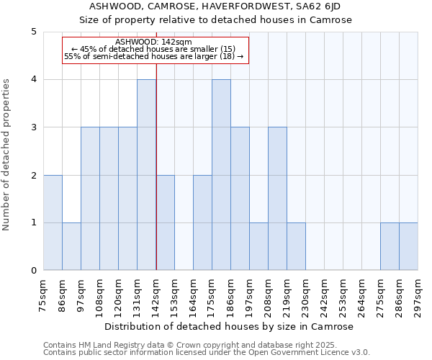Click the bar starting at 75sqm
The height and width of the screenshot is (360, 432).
pyautogui.click(x=53, y=222)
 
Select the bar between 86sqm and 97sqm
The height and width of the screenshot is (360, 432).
pyautogui.click(x=71, y=246)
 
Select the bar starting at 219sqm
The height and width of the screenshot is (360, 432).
pyautogui.click(x=296, y=246)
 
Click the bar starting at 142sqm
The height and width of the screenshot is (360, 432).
pyautogui.click(x=165, y=222)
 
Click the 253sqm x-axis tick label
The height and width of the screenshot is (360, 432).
pyautogui.click(x=343, y=295)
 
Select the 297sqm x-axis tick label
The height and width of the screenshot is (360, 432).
pyautogui.click(x=418, y=295)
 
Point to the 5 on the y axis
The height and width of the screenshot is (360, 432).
pyautogui.click(x=34, y=32)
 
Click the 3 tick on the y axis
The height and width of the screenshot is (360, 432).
pyautogui.click(x=34, y=127)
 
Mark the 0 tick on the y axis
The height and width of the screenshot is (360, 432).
pyautogui.click(x=34, y=271)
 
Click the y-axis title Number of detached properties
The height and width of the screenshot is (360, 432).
pyautogui.click(x=7, y=155)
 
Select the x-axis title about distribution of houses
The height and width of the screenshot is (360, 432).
pyautogui.click(x=230, y=327)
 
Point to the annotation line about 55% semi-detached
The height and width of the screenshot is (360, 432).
pyautogui.click(x=154, y=56)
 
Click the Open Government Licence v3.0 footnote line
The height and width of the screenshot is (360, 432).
pyautogui.click(x=207, y=353)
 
